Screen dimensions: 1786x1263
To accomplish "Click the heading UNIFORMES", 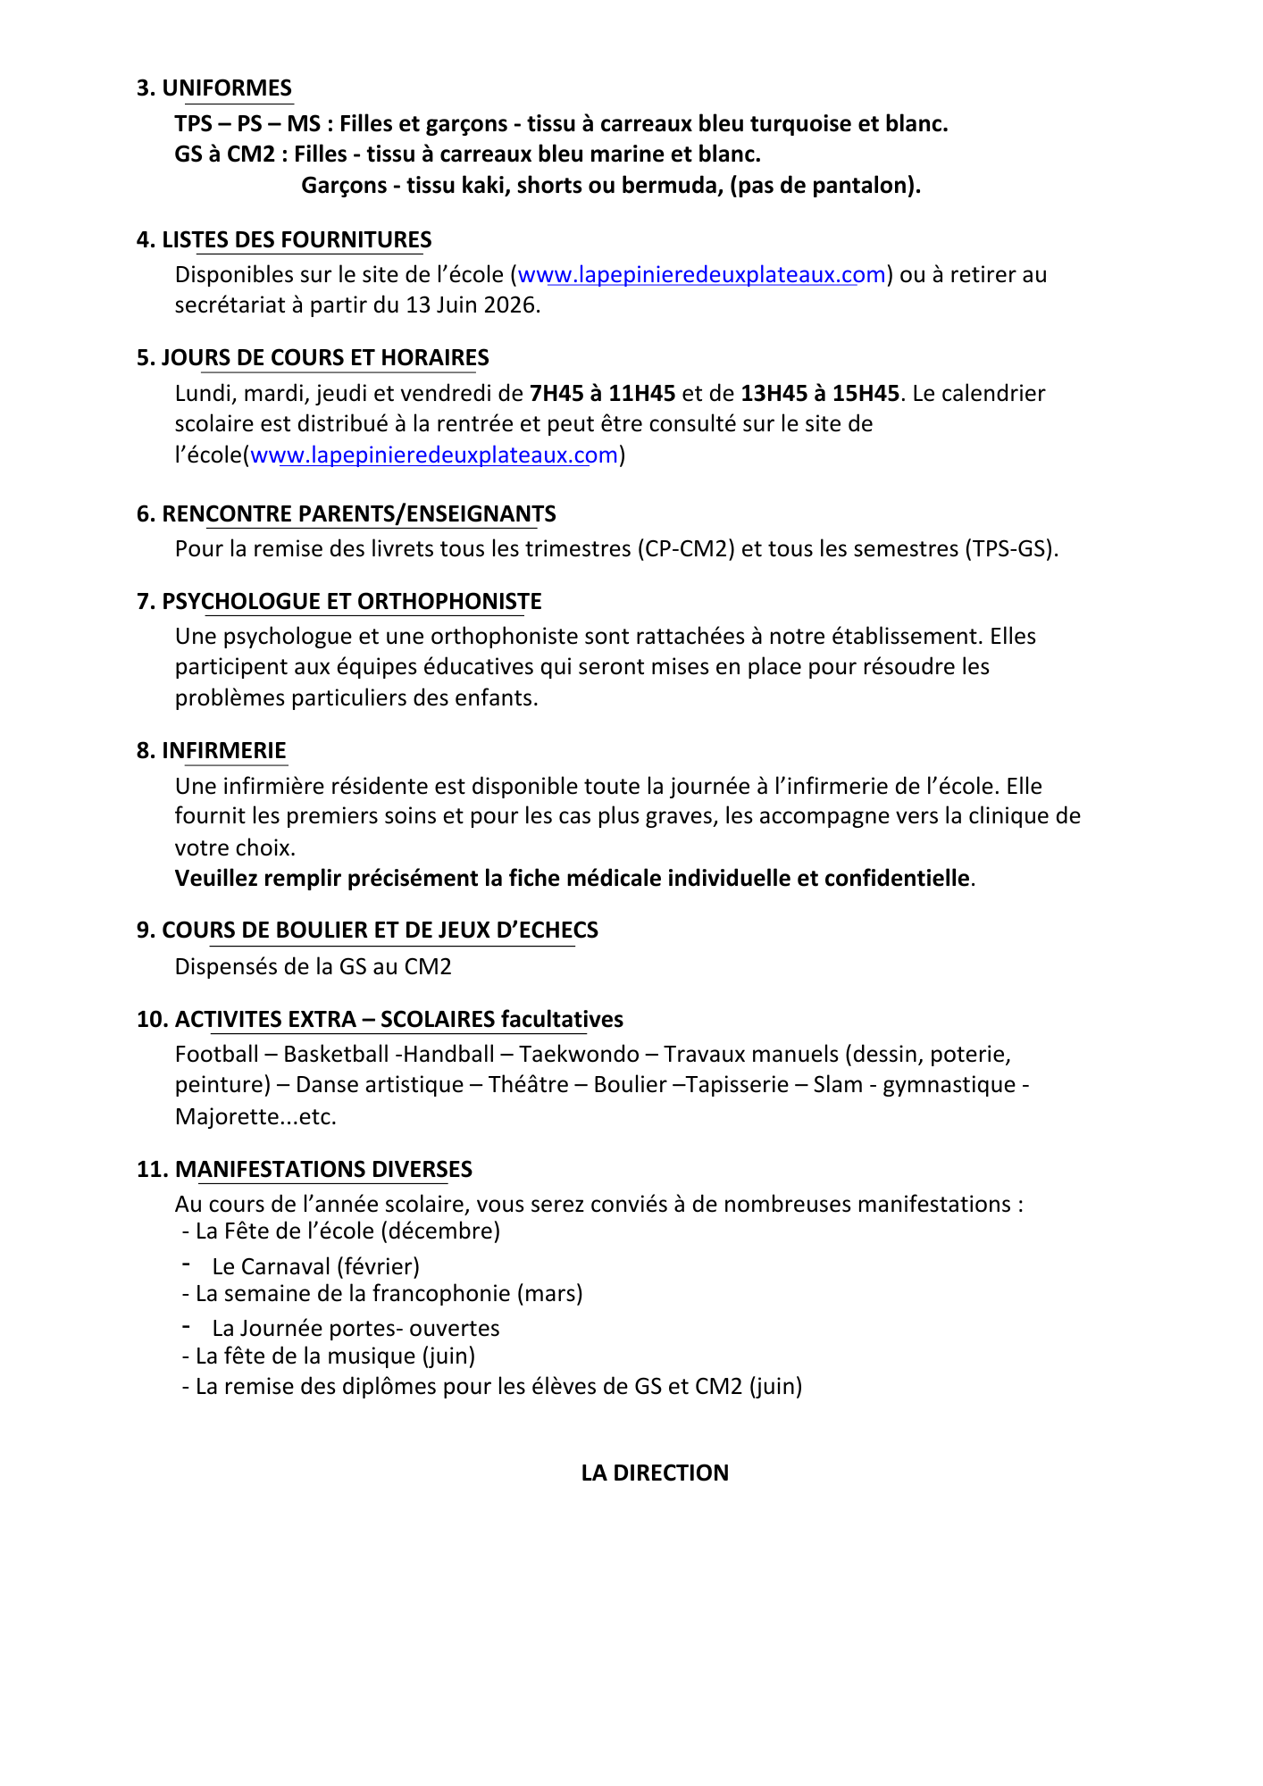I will [227, 88].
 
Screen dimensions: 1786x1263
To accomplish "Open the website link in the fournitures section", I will [701, 275].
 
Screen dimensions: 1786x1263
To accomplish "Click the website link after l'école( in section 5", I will [434, 455].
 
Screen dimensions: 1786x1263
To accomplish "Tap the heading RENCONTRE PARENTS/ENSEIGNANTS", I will [358, 514].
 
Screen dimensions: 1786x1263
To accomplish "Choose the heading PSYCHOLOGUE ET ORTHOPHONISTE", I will [352, 602].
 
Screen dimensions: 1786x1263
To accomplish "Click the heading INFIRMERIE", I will [223, 751].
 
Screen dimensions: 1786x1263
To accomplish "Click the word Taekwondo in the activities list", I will [579, 1055].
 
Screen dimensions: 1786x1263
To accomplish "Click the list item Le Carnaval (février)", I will [315, 1267].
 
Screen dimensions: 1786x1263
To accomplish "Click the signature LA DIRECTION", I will [655, 1473].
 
